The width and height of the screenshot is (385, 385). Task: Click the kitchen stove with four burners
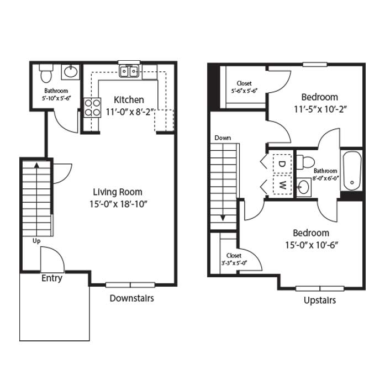pyautogui.click(x=92, y=107)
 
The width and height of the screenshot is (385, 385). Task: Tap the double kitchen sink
pyautogui.click(x=130, y=71)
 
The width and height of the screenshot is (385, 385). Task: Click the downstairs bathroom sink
pyautogui.click(x=70, y=72)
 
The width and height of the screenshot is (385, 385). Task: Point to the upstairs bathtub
pyautogui.click(x=351, y=170)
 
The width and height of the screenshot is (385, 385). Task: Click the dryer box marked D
pyautogui.click(x=281, y=164)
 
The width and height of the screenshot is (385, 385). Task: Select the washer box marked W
pyautogui.click(x=281, y=184)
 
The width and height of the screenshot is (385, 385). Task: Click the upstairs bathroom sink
pyautogui.click(x=303, y=187)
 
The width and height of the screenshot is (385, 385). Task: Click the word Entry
pyautogui.click(x=52, y=278)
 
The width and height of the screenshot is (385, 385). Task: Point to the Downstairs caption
pyautogui.click(x=131, y=298)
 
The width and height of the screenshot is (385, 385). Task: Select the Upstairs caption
pyautogui.click(x=320, y=300)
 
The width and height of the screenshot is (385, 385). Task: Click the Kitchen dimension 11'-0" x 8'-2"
pyautogui.click(x=129, y=112)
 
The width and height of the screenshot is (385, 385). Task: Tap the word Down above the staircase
pyautogui.click(x=223, y=138)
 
